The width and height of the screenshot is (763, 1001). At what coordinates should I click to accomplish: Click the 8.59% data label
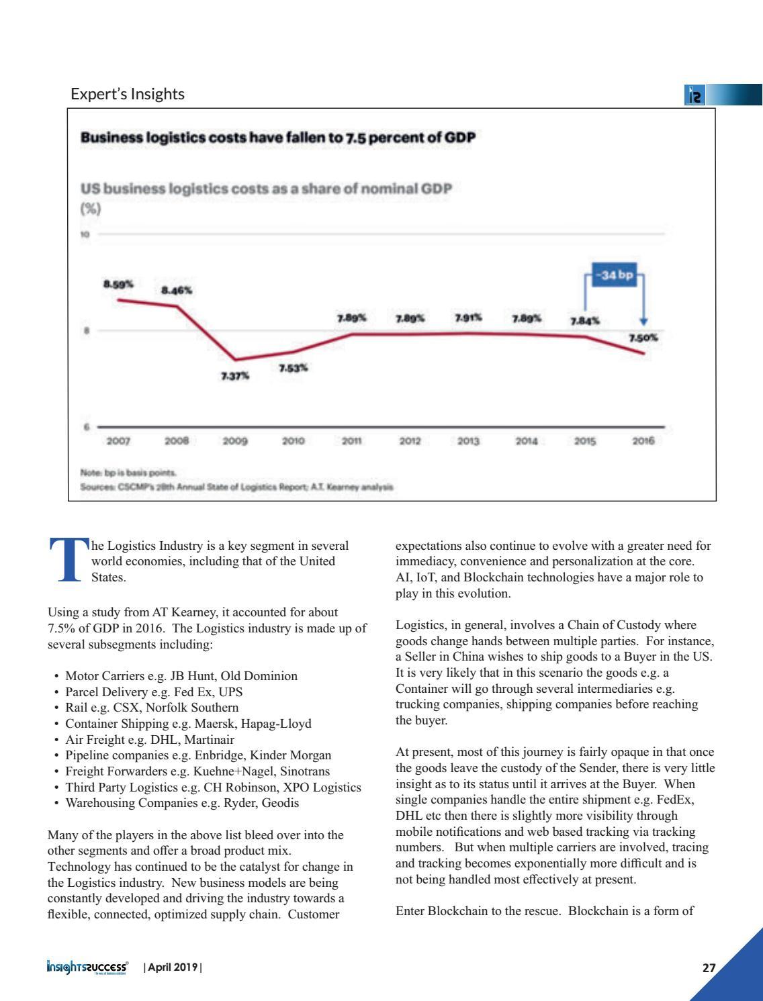click(118, 284)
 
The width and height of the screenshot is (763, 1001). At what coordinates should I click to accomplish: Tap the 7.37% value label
click(235, 377)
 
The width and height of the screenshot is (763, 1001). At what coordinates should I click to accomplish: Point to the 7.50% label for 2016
click(643, 338)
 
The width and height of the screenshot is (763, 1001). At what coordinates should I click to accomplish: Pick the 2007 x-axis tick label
click(119, 441)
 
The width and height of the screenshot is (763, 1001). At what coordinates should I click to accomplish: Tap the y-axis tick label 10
click(85, 234)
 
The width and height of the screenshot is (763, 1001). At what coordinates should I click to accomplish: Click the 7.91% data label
click(468, 317)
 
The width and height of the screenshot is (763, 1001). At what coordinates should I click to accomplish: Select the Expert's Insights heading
click(128, 94)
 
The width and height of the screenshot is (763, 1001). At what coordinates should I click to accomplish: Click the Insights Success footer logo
click(87, 967)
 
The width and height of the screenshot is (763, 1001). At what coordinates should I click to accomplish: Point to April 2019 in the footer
click(172, 967)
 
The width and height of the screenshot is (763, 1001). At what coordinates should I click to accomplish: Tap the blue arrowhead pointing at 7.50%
click(643, 322)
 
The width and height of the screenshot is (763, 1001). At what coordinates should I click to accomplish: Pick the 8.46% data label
click(177, 291)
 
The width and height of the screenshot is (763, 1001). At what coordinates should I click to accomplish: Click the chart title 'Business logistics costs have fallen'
click(278, 138)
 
